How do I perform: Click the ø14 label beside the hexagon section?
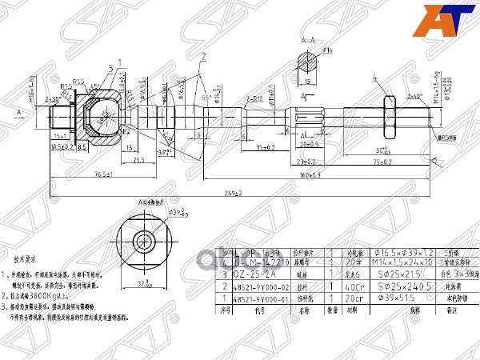tap(326, 50)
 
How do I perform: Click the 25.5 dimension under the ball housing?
tap(138, 159)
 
